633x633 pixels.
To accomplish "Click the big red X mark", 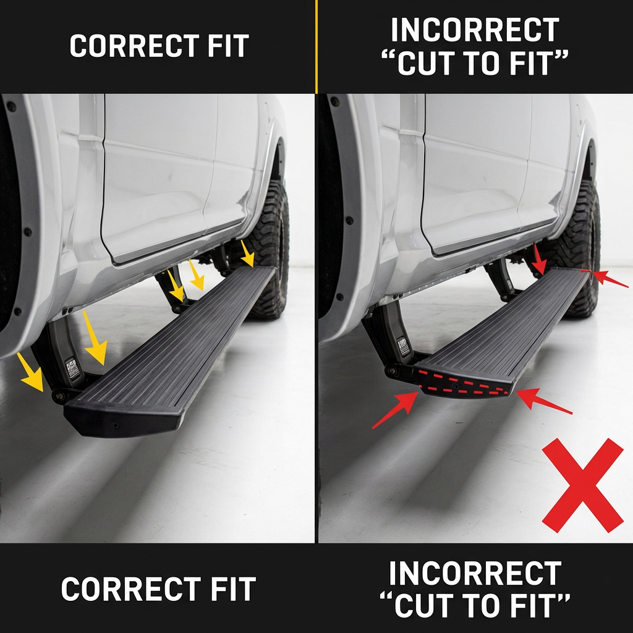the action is click(x=582, y=485).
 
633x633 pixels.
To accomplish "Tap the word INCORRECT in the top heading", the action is click(x=475, y=30).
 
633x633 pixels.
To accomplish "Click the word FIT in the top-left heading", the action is click(x=228, y=46).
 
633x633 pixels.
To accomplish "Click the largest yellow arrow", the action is click(x=95, y=338).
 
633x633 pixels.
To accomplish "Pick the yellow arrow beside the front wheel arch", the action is click(x=30, y=372).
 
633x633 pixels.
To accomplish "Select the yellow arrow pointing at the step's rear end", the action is click(x=247, y=253).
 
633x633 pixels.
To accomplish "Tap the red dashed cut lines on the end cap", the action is click(x=463, y=382).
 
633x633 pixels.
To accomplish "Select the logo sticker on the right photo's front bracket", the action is click(x=402, y=346).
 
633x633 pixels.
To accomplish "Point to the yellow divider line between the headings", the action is click(x=316, y=46).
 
